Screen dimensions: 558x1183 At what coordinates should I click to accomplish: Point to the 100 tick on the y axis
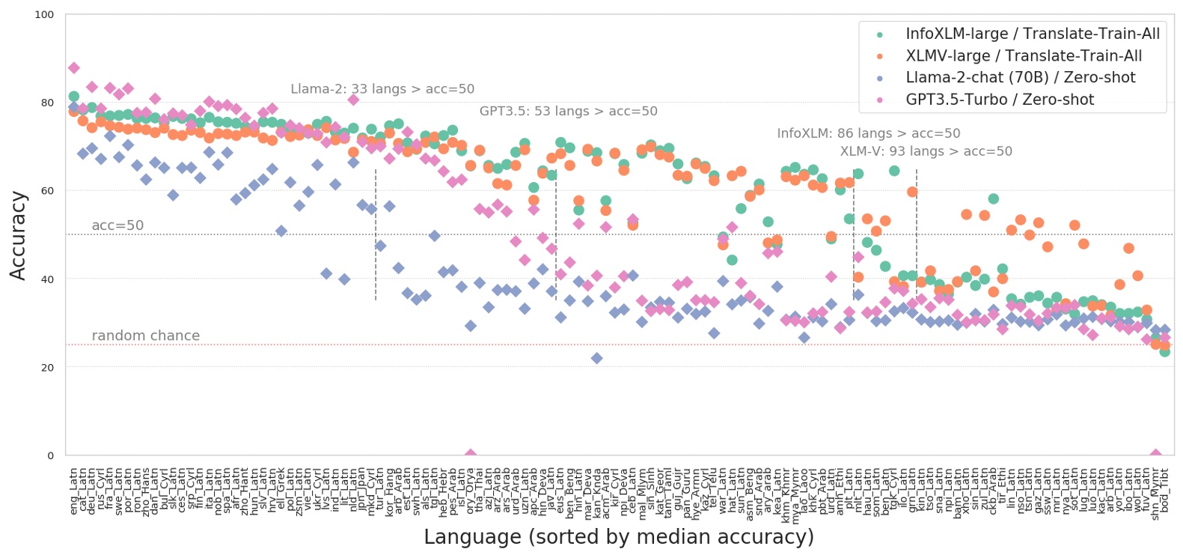[44, 15]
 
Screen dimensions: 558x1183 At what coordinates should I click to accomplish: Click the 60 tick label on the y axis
[47, 191]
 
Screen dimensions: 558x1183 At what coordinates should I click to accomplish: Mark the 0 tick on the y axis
[50, 455]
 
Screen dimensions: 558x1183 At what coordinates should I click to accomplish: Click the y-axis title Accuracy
[18, 235]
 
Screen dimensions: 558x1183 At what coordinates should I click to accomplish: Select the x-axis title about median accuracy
[618, 537]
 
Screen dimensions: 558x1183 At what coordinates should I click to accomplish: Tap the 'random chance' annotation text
[145, 336]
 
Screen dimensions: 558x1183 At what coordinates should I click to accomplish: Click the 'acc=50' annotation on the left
[117, 225]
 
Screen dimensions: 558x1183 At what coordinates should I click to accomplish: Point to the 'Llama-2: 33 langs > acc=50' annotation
[382, 89]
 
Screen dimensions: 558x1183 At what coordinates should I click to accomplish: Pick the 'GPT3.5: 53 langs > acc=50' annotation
[568, 112]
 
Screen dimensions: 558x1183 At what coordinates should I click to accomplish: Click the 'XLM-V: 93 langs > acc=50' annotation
[926, 151]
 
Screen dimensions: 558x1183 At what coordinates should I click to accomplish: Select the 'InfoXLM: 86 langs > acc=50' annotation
[868, 133]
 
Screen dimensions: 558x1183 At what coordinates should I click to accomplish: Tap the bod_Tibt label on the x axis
[1164, 491]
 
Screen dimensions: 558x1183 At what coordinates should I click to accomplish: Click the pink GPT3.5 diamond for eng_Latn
[73, 68]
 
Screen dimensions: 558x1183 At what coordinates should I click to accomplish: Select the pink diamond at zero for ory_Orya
[470, 455]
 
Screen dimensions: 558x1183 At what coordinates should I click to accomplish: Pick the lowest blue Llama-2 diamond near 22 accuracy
[596, 359]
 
